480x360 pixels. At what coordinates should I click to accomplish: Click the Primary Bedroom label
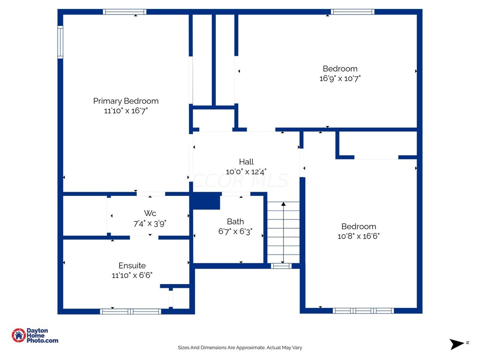(126, 101)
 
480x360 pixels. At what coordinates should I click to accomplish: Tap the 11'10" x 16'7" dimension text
(126, 111)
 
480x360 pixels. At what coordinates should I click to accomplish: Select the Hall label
(247, 162)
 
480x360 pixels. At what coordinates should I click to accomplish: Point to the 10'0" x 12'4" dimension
(246, 172)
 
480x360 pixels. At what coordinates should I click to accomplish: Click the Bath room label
(235, 221)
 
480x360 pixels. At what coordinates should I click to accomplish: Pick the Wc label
(150, 213)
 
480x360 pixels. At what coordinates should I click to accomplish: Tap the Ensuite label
(132, 265)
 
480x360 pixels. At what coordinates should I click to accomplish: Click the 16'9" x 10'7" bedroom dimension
(340, 78)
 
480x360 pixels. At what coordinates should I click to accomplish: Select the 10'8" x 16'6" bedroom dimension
(359, 236)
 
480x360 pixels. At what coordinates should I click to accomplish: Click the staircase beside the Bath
(284, 232)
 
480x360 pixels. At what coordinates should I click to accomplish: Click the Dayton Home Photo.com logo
(35, 336)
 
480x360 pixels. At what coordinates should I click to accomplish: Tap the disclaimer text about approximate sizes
(240, 348)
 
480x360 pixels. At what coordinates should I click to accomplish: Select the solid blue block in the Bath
(205, 201)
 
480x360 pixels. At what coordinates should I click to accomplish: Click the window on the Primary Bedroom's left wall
(60, 42)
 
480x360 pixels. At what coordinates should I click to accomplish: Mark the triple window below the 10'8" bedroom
(363, 311)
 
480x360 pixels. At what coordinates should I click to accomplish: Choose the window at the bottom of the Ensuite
(130, 311)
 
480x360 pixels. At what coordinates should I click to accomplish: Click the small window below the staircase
(281, 266)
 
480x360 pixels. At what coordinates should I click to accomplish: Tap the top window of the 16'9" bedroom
(352, 12)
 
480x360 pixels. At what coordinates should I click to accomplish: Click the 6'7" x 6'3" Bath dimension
(235, 232)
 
